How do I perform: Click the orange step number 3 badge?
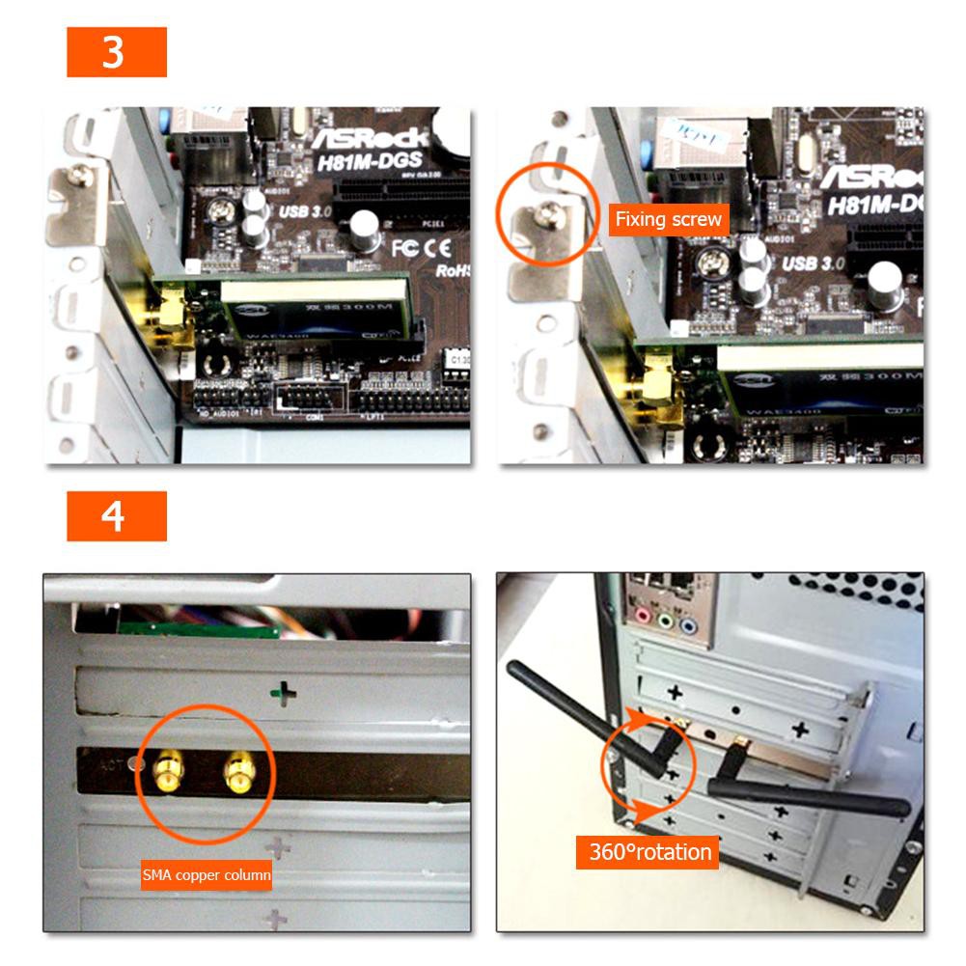tap(117, 52)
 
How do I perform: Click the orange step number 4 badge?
tap(117, 516)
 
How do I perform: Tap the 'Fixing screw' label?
tap(668, 219)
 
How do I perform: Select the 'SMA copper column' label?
tap(207, 876)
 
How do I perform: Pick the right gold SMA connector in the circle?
tap(237, 770)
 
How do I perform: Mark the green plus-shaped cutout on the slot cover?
tap(282, 693)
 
